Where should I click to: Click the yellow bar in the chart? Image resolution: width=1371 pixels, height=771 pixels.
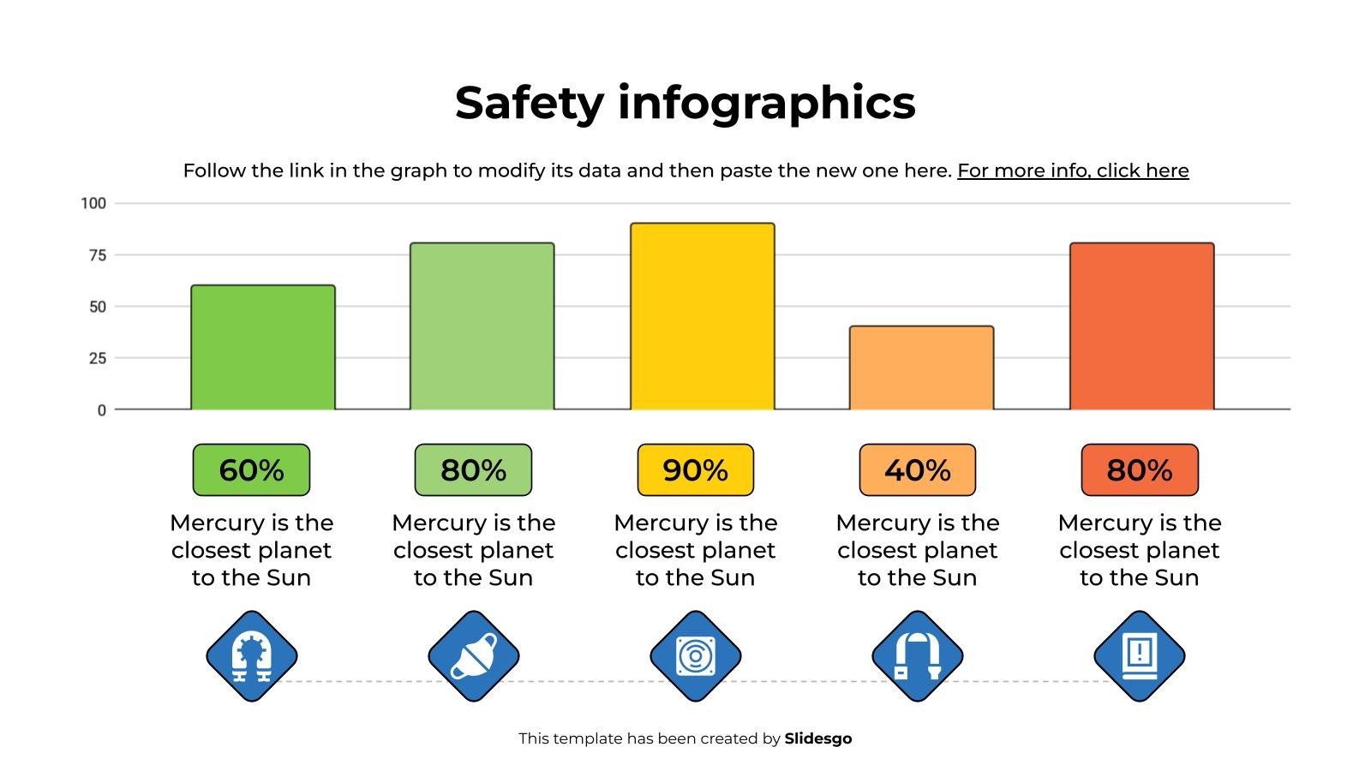click(x=703, y=316)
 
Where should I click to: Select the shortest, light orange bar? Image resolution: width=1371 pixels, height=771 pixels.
click(x=922, y=368)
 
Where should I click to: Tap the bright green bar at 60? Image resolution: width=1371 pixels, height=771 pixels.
click(x=263, y=348)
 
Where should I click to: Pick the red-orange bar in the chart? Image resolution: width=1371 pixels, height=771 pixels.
click(x=1142, y=326)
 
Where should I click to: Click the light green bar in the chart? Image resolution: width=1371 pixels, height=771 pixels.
click(x=482, y=326)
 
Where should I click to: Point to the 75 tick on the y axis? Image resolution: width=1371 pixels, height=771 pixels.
click(x=98, y=255)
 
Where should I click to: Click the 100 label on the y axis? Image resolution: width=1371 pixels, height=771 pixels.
click(x=93, y=203)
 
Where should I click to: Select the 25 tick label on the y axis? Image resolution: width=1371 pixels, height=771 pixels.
click(x=98, y=358)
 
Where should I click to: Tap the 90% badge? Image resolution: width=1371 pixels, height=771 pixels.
click(x=695, y=470)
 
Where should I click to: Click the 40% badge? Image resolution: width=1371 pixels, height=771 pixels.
click(x=918, y=470)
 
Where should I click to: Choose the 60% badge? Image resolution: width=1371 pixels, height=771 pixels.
click(x=252, y=470)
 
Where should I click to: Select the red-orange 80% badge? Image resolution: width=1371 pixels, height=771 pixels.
click(x=1140, y=470)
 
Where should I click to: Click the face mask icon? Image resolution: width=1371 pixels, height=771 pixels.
click(x=474, y=656)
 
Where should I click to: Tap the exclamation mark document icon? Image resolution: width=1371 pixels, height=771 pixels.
click(x=1140, y=656)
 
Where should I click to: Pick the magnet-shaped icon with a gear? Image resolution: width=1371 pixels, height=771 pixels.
click(x=252, y=656)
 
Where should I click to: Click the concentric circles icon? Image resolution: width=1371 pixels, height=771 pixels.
click(x=695, y=656)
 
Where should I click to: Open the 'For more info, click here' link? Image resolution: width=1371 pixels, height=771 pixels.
click(x=1073, y=170)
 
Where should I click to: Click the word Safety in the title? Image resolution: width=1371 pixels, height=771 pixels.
click(x=530, y=103)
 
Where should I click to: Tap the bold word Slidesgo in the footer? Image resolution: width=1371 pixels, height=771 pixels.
click(x=818, y=738)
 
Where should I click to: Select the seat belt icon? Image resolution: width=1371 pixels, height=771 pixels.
click(x=918, y=656)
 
